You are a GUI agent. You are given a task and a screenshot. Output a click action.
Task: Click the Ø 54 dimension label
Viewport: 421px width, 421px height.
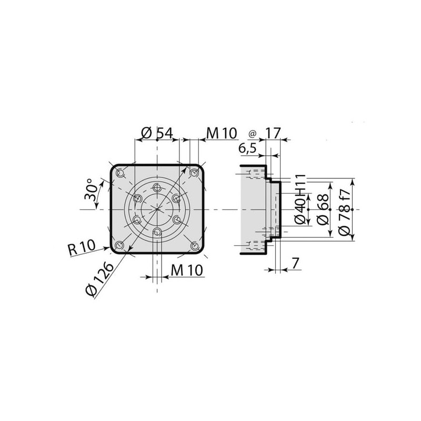click(157, 133)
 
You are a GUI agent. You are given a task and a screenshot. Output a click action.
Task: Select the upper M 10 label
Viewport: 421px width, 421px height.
click(222, 133)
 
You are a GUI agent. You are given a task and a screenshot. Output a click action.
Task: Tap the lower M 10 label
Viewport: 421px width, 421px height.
click(187, 270)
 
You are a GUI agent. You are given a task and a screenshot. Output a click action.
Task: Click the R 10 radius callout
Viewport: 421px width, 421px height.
click(82, 248)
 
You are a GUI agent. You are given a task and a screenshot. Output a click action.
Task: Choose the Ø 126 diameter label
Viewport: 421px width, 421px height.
click(99, 279)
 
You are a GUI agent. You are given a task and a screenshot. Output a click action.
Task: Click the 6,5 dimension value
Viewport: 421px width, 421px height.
click(247, 148)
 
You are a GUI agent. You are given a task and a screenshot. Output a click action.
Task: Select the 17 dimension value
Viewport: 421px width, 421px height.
click(273, 133)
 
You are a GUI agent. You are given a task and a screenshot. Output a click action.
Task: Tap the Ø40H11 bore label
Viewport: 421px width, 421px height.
click(300, 199)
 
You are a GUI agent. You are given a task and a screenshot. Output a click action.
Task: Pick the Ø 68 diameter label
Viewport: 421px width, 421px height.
click(323, 209)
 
